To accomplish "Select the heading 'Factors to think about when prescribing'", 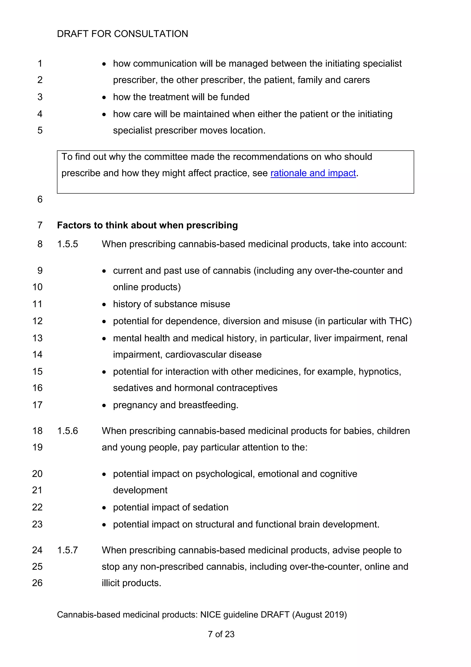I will (x=147, y=225).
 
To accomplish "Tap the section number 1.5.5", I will (x=67, y=244).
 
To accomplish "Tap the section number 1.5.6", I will (x=67, y=431).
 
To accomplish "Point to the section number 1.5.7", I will (x=67, y=550).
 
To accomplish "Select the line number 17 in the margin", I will (x=37, y=405).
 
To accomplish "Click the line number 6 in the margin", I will (x=40, y=199).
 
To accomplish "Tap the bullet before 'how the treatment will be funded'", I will (x=104, y=97).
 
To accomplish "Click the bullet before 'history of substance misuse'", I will (x=104, y=304).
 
